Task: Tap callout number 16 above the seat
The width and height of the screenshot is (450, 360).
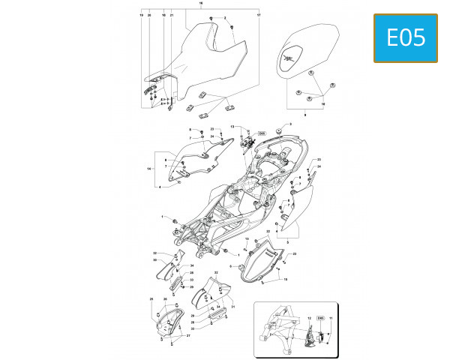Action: [x=201, y=4]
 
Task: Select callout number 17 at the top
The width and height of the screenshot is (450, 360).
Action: [x=259, y=15]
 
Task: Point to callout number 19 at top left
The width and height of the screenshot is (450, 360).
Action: [x=142, y=15]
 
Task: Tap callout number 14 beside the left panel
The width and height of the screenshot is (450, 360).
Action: [x=150, y=170]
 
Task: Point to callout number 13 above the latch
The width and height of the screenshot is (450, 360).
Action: [x=232, y=127]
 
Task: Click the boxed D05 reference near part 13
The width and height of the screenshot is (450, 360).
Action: [x=262, y=133]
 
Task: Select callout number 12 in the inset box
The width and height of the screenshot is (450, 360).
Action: [x=308, y=319]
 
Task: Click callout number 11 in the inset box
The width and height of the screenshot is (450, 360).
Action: [x=330, y=319]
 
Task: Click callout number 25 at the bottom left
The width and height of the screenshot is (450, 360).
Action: [x=151, y=299]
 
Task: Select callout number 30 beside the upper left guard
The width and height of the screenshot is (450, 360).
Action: [x=154, y=260]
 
